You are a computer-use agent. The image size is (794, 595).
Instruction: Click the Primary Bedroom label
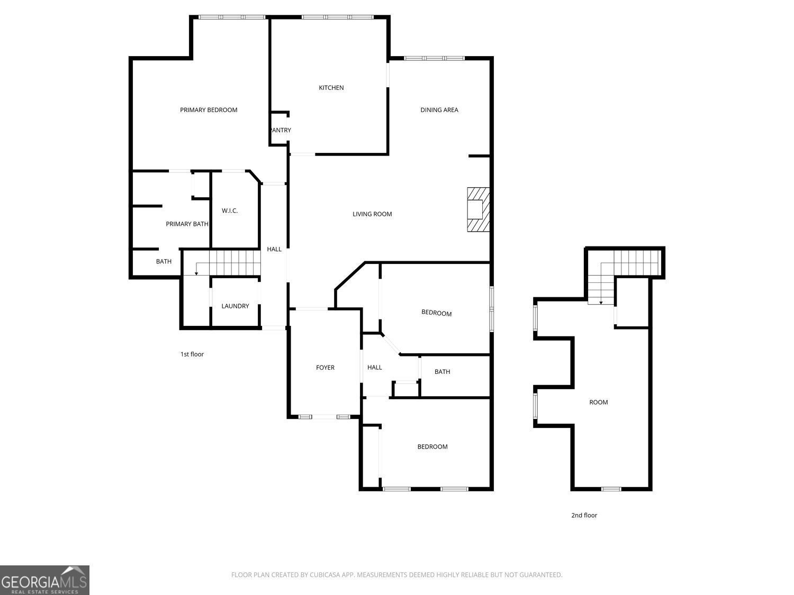click(209, 110)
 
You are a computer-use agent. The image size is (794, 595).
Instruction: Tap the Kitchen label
click(331, 88)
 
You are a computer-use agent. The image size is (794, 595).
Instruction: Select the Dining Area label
click(439, 110)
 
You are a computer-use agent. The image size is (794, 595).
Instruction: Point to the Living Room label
click(372, 214)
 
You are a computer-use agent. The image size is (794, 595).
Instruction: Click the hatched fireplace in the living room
click(478, 209)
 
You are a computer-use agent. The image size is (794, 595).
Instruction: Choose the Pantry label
click(281, 130)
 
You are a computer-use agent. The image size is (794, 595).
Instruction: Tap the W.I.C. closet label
click(230, 210)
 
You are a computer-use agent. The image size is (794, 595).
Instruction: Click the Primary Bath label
click(187, 224)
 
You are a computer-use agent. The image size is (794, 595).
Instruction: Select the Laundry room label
click(235, 306)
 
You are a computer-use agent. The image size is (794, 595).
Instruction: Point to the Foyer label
click(325, 368)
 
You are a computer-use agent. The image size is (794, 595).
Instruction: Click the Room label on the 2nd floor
click(598, 402)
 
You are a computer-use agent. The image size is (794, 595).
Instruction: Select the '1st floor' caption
click(192, 354)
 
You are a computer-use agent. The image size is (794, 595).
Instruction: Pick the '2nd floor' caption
click(584, 515)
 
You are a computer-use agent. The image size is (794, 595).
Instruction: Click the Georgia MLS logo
click(44, 580)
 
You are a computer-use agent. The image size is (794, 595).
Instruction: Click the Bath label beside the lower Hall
click(442, 372)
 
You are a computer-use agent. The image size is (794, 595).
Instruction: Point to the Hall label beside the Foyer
click(374, 368)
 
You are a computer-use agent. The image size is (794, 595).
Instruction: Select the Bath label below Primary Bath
click(164, 262)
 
